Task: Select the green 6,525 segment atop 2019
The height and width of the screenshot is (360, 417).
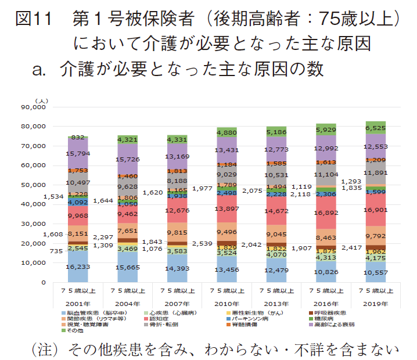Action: pyautogui.click(x=376, y=127)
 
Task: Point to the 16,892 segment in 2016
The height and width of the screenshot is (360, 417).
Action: pyautogui.click(x=326, y=213)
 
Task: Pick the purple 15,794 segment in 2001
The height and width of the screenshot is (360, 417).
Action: pyautogui.click(x=77, y=154)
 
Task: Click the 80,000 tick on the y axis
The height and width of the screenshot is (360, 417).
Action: pyautogui.click(x=33, y=126)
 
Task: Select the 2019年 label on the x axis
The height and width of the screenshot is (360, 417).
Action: pyautogui.click(x=376, y=303)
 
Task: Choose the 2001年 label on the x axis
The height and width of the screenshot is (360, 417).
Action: pyautogui.click(x=77, y=303)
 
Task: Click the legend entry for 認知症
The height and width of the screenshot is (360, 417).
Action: pyautogui.click(x=160, y=319)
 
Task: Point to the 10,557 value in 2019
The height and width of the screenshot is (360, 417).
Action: pyautogui.click(x=376, y=272)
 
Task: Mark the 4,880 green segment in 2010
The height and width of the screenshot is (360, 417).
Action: pyautogui.click(x=227, y=132)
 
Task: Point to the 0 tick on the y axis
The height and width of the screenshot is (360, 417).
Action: pyautogui.click(x=42, y=282)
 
